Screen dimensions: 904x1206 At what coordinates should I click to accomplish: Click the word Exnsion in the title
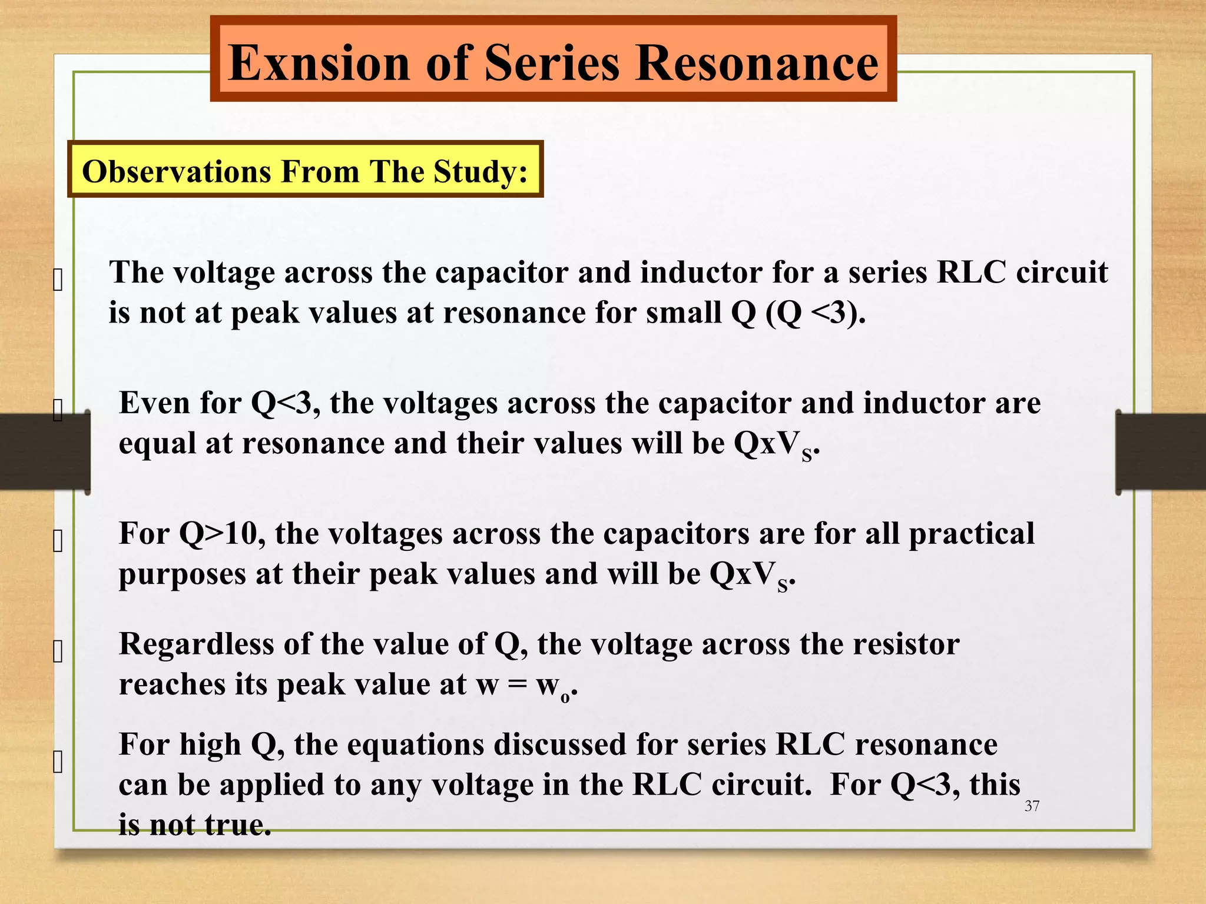click(318, 63)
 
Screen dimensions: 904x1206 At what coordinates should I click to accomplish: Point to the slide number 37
click(1032, 806)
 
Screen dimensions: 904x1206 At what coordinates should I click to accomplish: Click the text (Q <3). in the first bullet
click(816, 312)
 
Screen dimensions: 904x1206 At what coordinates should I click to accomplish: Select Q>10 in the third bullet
click(221, 534)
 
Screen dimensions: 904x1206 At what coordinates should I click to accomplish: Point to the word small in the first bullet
click(683, 312)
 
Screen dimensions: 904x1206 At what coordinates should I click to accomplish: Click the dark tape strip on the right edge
click(1160, 451)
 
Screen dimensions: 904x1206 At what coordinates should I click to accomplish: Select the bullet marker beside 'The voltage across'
click(58, 280)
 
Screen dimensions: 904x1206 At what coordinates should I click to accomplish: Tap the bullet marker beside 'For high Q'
click(58, 762)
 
